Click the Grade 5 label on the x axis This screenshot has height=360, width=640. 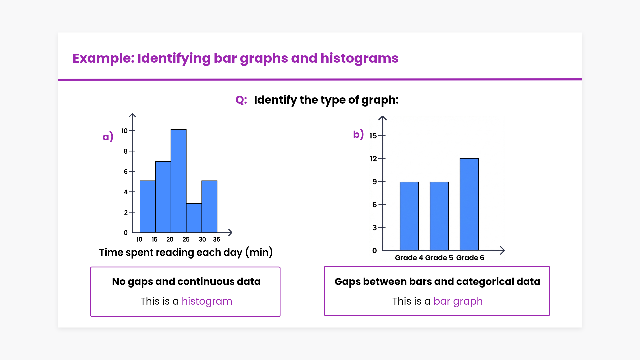[439, 258]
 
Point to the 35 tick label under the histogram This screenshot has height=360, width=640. [216, 239]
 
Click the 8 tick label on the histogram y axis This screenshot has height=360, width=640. [126, 151]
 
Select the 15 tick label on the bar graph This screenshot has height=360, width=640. [373, 136]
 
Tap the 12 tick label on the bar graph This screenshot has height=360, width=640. [373, 159]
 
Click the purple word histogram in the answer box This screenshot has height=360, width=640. [207, 301]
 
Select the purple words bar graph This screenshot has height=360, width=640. [458, 301]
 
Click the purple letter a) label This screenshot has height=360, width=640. [108, 136]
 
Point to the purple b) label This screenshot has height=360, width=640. [358, 134]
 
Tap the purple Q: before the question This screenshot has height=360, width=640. [241, 100]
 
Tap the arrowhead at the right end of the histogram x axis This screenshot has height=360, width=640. [230, 232]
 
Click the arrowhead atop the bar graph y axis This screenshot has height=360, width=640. [382, 118]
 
